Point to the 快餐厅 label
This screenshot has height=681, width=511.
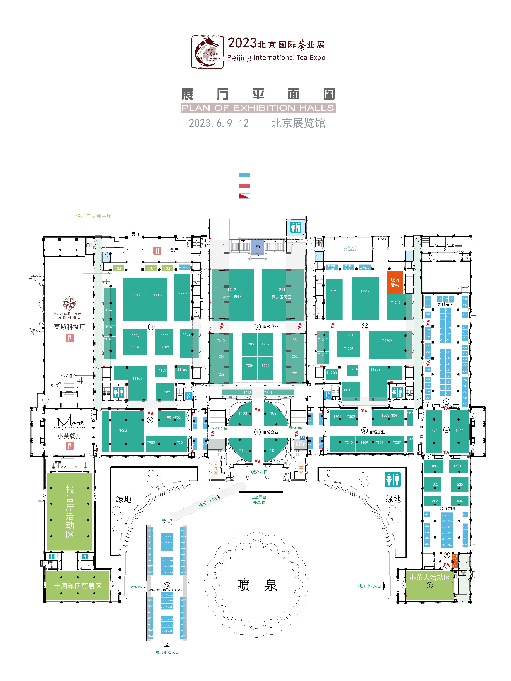point(172,250)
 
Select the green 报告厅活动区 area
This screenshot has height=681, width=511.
point(70,512)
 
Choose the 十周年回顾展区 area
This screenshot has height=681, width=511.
point(78,586)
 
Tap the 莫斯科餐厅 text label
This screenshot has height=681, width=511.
point(70,327)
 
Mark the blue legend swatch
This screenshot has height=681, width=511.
point(244,175)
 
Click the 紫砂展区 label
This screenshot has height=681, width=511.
point(445,304)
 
